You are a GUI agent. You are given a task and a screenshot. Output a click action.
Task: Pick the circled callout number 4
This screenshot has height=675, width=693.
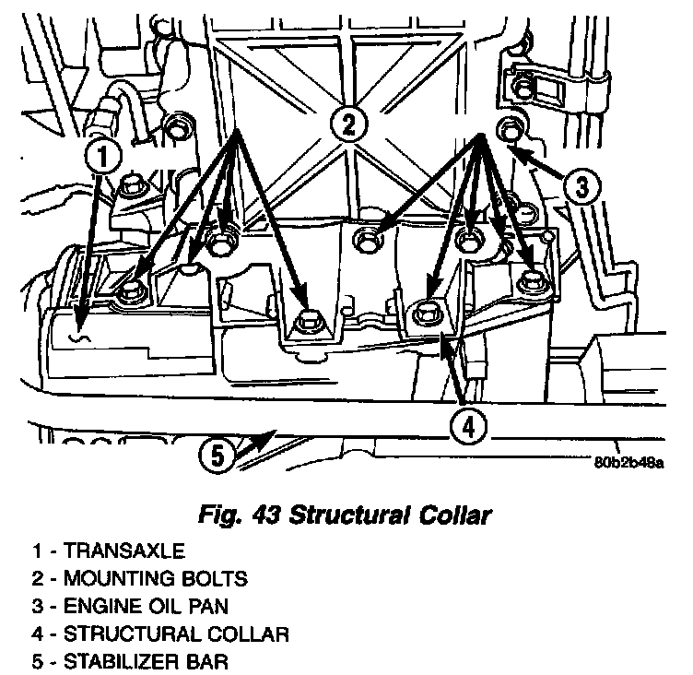[x=468, y=426]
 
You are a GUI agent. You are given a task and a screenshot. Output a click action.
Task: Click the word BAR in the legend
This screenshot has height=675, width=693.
[x=207, y=662]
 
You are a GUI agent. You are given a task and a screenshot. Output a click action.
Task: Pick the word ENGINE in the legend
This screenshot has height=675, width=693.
[x=94, y=607]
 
